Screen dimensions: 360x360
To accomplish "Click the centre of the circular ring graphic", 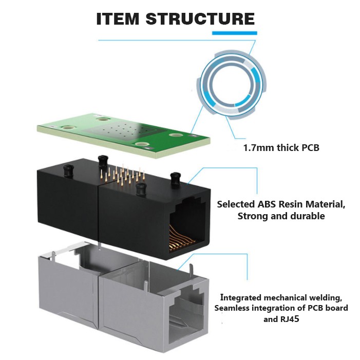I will click(x=231, y=84).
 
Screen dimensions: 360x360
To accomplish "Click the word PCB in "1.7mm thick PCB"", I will click(x=310, y=148).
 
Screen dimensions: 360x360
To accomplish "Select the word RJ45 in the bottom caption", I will click(x=293, y=319).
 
